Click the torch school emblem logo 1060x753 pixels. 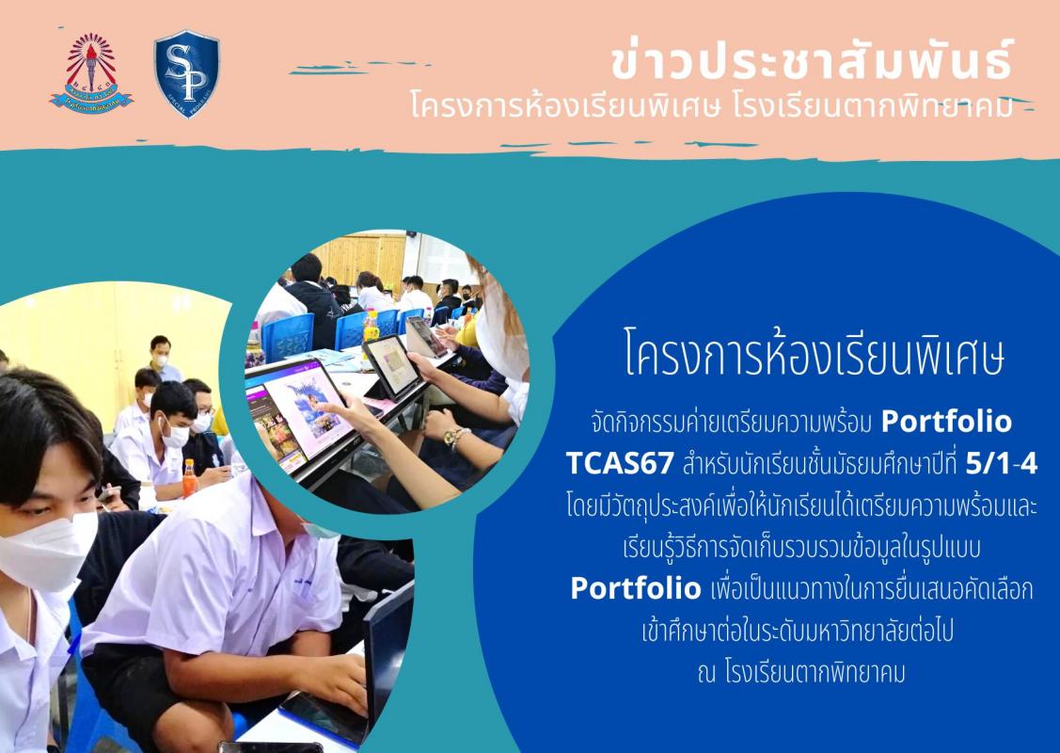pyautogui.click(x=91, y=73)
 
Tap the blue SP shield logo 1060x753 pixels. pyautogui.click(x=187, y=73)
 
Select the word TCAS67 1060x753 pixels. pyautogui.click(x=620, y=464)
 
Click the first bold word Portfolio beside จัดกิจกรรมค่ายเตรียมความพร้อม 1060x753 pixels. pyautogui.click(x=946, y=422)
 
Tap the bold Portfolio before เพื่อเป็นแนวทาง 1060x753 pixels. pyautogui.click(x=636, y=588)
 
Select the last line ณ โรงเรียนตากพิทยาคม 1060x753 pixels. pyautogui.click(x=801, y=673)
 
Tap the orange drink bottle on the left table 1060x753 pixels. pyautogui.click(x=190, y=478)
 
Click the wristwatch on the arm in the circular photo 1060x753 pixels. pyautogui.click(x=454, y=438)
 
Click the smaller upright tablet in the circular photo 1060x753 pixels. pyautogui.click(x=392, y=367)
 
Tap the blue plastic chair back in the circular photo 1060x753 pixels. pyautogui.click(x=289, y=336)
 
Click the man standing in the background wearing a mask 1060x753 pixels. pyautogui.click(x=162, y=359)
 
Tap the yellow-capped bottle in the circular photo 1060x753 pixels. pyautogui.click(x=372, y=326)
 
